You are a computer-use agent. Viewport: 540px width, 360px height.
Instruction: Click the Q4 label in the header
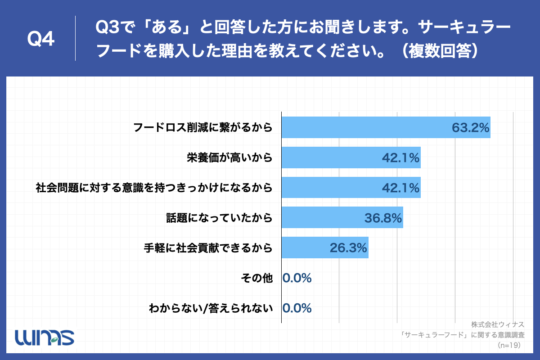(41, 40)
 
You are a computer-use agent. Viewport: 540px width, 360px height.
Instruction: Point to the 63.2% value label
(470, 128)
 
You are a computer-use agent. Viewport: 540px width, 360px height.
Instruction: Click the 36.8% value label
(383, 218)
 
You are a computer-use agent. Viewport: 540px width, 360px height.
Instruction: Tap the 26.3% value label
(348, 248)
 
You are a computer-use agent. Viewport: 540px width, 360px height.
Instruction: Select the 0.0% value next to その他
(297, 278)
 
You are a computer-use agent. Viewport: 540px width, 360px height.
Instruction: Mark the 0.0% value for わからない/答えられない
(297, 308)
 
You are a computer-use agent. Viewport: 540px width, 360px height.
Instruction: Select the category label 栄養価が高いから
(229, 157)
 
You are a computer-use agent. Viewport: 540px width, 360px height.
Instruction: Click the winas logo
(45, 336)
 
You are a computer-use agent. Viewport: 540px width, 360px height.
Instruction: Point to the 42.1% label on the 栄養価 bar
(400, 158)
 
